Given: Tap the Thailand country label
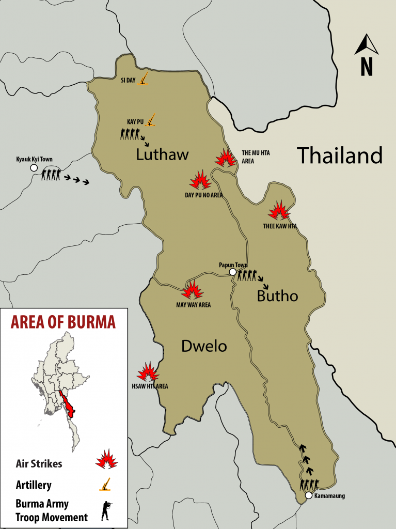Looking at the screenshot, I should click(x=339, y=155).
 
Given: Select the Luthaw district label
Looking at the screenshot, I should click(x=163, y=154).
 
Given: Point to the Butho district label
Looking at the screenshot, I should click(x=277, y=295).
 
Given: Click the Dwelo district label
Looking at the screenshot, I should click(x=204, y=346).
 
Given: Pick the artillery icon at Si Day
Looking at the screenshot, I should click(x=145, y=79).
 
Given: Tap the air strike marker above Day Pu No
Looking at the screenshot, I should click(x=200, y=180).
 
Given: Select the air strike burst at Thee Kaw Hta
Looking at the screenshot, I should click(x=279, y=210).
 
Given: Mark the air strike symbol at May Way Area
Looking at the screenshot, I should click(x=193, y=290).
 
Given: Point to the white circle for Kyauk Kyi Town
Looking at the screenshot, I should click(x=34, y=168).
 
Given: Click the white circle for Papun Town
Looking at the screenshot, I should click(x=232, y=272).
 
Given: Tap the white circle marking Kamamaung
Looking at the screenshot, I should click(x=308, y=495).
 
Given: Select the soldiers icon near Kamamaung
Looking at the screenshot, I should click(x=308, y=485).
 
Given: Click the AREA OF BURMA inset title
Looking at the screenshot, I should click(x=64, y=322).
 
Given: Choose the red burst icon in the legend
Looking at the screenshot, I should click(x=107, y=459).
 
